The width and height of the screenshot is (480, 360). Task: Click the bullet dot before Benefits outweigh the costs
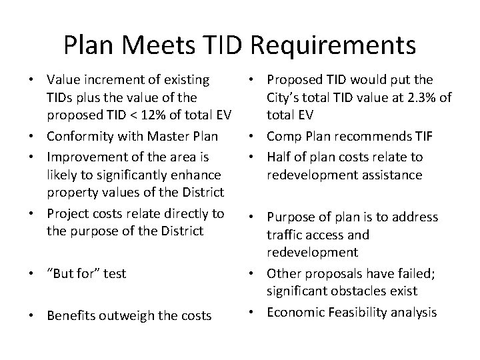point(31,315)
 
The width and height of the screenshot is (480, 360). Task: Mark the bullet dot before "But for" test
point(31,274)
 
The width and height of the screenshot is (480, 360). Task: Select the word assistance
point(391,175)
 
